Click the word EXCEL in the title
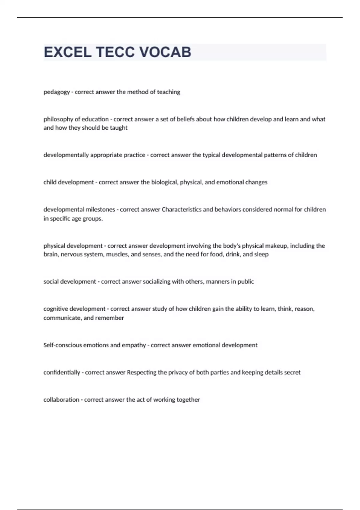coord(67,52)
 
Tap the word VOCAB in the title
coord(165,52)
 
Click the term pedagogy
coord(57,92)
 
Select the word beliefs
coord(185,119)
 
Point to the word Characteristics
coord(181,209)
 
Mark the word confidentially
coord(62,373)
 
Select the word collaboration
coord(61,400)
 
